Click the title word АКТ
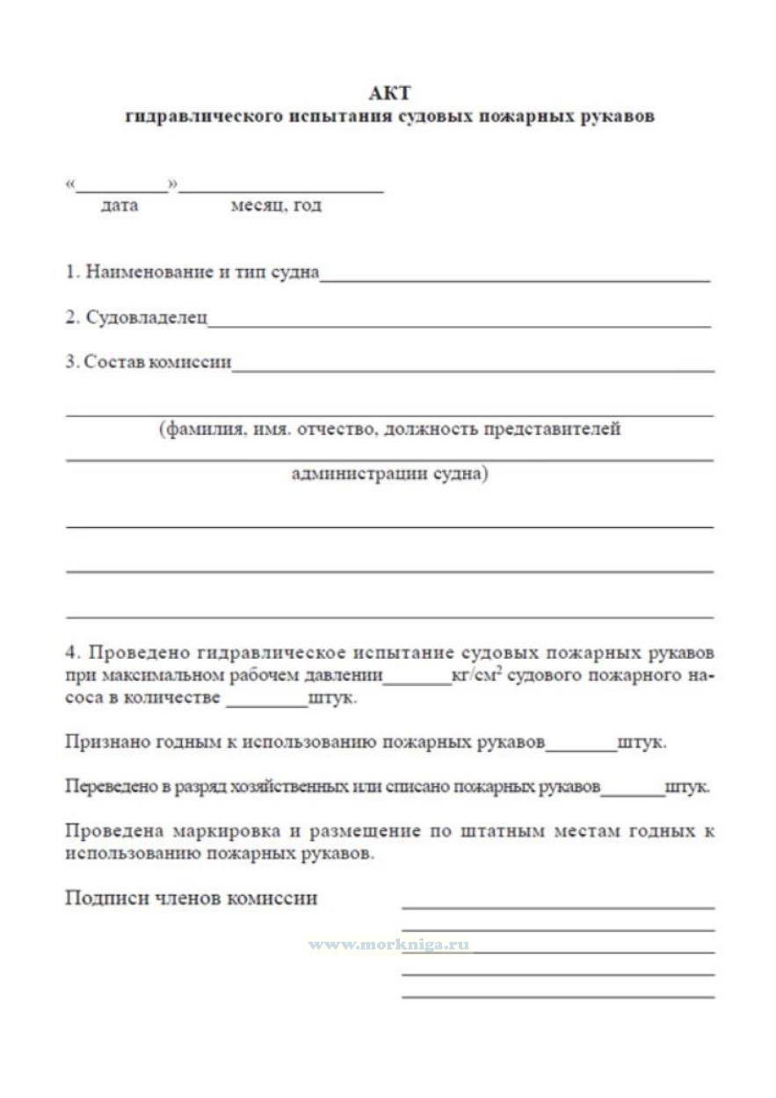389,93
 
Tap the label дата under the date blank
120,206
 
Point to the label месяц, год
276,206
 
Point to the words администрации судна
388,474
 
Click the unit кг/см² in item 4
475,676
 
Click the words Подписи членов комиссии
192,899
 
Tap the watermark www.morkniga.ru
389,945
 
